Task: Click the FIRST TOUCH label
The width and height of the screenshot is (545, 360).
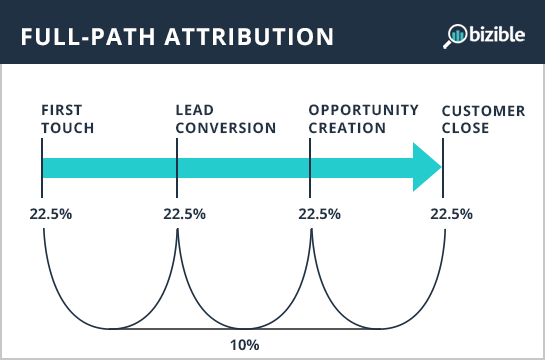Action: (x=67, y=118)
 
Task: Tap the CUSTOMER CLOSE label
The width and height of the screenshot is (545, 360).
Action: (x=483, y=118)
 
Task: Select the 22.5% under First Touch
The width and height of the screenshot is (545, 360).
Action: (x=43, y=214)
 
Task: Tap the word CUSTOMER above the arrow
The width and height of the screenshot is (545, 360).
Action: (x=483, y=110)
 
